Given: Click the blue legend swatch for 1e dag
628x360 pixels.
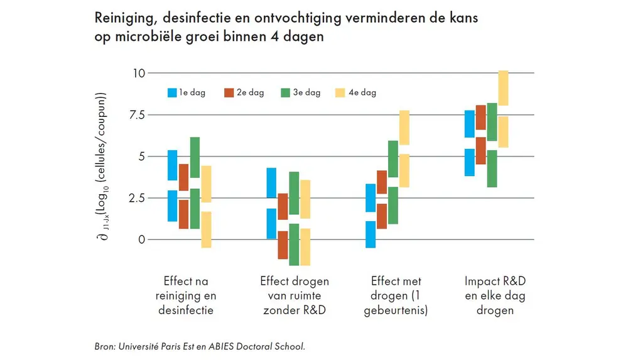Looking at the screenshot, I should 172,93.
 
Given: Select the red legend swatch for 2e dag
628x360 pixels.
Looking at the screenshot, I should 229,93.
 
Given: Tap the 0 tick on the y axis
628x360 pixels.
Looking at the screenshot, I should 141,239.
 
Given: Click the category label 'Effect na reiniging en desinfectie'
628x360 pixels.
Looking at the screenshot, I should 189,295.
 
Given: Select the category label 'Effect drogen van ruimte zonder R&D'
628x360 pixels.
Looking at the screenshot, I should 294,295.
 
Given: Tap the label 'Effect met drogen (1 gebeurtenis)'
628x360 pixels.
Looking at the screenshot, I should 396,295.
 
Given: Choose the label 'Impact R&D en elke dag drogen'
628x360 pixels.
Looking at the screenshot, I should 495,295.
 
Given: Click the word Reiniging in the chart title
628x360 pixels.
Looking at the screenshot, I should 124,18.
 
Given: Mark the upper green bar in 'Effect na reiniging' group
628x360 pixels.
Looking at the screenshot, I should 195,157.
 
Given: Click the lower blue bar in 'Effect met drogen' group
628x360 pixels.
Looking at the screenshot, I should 371,234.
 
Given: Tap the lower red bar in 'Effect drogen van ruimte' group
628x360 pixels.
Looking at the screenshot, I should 283,244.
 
